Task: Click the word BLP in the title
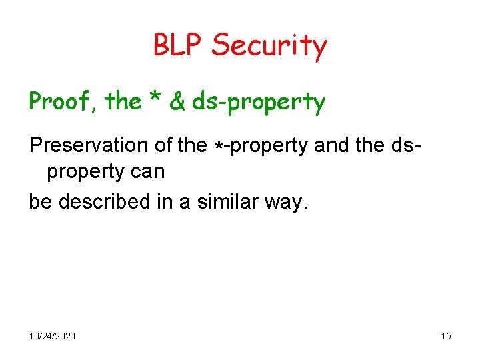click(179, 45)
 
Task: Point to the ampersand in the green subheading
click(177, 102)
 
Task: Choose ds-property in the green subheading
click(259, 103)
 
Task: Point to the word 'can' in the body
click(147, 172)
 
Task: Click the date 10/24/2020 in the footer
click(52, 336)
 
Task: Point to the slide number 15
click(446, 336)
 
